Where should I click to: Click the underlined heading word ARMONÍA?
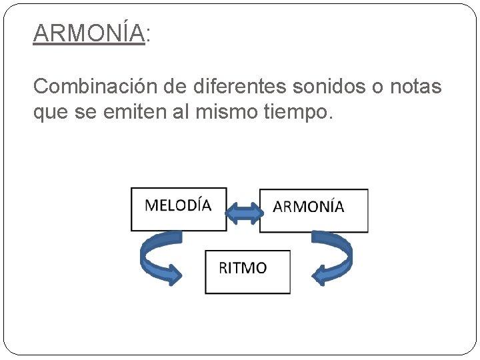(x=89, y=32)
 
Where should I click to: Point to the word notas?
(x=413, y=87)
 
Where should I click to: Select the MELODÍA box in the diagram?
(x=178, y=209)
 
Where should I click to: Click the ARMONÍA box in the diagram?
(x=313, y=211)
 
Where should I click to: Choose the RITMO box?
(x=247, y=271)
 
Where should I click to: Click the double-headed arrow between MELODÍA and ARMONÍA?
(x=243, y=212)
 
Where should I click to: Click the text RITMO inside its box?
(x=243, y=268)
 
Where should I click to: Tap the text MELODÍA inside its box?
(x=178, y=205)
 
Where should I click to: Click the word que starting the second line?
(x=47, y=115)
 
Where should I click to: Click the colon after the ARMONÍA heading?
(x=148, y=33)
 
